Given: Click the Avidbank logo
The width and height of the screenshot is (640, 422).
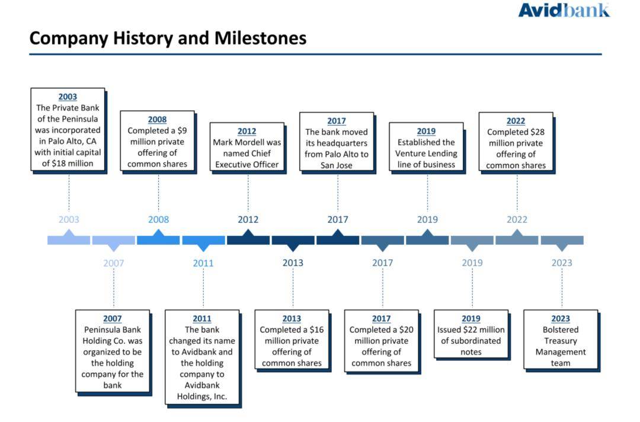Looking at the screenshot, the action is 564,10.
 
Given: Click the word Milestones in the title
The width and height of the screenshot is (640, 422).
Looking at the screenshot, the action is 260,38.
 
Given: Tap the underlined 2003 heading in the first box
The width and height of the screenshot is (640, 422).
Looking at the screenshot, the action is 68,97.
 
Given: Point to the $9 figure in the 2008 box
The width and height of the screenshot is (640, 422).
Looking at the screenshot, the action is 182,130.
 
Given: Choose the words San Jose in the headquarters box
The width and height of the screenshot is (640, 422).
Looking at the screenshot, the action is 337,165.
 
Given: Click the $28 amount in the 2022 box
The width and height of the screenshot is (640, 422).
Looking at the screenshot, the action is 537,132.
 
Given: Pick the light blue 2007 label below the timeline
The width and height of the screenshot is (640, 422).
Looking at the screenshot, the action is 113,263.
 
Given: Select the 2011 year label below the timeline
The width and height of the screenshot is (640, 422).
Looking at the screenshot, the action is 203,263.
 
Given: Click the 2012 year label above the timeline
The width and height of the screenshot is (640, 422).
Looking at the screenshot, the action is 248,219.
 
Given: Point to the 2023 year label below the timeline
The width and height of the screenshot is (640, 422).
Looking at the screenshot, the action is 562,263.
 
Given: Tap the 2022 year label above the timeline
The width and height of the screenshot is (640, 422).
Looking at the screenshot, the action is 517,219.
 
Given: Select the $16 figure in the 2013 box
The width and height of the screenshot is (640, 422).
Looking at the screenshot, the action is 316,330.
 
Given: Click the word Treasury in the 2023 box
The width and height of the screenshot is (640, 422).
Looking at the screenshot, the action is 561,341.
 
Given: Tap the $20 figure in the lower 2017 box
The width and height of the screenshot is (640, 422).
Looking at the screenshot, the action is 407,330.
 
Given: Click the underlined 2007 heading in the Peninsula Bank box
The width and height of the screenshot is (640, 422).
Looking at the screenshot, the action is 113,319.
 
